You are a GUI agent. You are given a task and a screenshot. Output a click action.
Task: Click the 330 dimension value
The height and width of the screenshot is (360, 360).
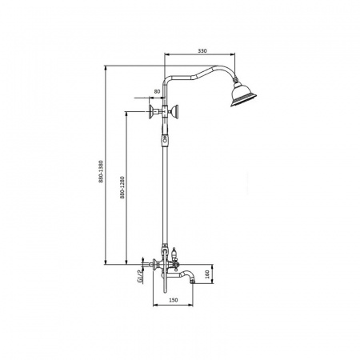point(202,50)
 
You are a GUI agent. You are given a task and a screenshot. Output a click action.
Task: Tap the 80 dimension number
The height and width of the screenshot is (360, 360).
point(157,91)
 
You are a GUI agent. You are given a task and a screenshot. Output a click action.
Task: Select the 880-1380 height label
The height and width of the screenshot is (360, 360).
point(101,171)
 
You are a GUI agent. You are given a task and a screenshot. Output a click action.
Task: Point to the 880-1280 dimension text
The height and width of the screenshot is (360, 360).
point(122,187)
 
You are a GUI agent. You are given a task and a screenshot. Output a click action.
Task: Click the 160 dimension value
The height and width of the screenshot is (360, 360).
point(207,274)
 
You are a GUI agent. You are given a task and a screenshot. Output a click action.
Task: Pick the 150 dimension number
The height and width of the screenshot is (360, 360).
point(174,300)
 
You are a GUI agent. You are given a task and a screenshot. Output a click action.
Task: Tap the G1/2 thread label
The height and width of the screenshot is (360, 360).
point(139,276)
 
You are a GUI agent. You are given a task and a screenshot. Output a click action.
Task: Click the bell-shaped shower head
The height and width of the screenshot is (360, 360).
point(242,94)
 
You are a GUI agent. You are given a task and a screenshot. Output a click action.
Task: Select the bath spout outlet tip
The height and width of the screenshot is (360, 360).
point(193,281)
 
